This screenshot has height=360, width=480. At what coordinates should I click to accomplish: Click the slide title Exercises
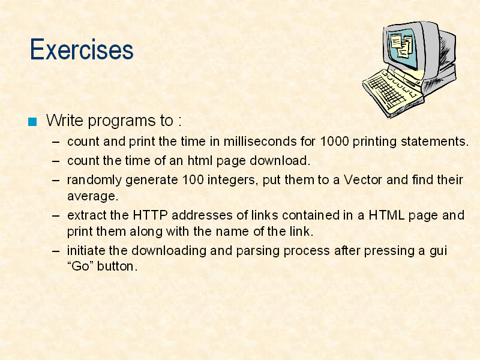coord(82,49)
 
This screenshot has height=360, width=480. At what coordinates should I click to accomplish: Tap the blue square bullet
coord(32,122)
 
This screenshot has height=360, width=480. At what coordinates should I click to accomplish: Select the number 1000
coord(334,142)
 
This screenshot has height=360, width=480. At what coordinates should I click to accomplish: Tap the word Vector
coord(363,179)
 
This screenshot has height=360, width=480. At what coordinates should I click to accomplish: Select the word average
coord(93,196)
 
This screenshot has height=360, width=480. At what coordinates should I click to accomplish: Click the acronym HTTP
coord(150,215)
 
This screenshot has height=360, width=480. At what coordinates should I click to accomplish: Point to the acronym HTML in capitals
coord(386,215)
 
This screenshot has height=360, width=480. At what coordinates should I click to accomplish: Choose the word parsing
coord(258,251)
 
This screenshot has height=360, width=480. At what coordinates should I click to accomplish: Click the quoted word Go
coord(80,266)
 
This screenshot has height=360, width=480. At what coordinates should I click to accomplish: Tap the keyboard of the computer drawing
coord(389,91)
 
